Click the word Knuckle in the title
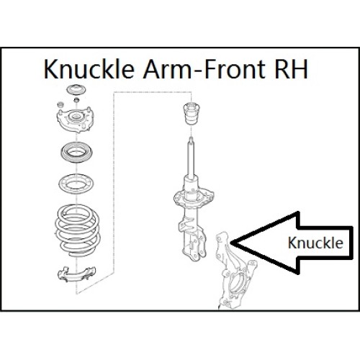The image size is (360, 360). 89,69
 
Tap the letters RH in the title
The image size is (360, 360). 291,69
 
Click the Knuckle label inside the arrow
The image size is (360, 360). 315,243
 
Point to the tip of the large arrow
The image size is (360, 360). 231,243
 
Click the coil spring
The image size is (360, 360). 77,230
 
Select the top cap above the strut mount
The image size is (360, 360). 76,91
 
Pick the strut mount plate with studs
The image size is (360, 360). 75,120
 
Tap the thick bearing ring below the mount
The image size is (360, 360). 76,153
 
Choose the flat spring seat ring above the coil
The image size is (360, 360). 76,184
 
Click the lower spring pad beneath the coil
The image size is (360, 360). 76,274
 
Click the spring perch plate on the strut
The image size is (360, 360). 194,197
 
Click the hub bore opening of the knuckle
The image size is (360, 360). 238,284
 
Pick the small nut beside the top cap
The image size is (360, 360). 76,100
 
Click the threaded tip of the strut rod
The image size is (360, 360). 191,140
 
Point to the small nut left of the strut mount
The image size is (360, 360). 60,104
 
